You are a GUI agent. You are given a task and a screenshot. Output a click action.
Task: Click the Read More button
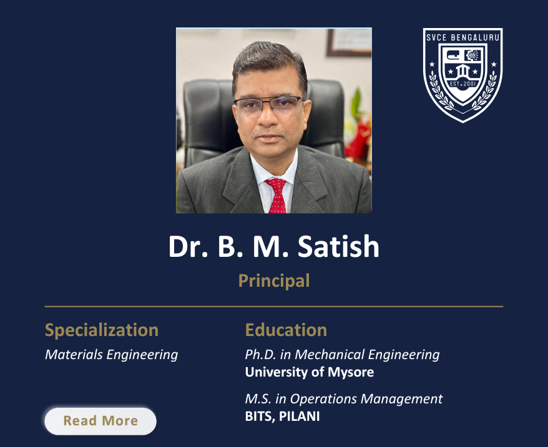100,421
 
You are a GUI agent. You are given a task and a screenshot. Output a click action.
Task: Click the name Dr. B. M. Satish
273,247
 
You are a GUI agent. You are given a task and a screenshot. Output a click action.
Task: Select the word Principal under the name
274,281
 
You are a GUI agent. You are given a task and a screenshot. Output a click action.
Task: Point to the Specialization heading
102,330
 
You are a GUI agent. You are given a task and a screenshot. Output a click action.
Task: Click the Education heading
286,330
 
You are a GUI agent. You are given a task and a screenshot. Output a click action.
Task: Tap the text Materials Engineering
111,355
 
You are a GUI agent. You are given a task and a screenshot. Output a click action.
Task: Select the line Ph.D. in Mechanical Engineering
342,355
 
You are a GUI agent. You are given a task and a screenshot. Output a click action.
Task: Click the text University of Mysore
310,372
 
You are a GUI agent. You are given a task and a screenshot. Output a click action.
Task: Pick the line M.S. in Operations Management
344,399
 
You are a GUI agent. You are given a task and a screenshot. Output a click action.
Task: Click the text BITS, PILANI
282,416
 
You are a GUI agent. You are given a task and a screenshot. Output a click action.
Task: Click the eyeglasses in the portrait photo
268,104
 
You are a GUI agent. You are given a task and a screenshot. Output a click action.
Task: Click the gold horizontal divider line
273,307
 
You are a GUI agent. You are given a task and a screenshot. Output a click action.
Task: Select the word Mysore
354,372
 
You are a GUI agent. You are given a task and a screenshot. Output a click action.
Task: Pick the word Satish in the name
338,247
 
